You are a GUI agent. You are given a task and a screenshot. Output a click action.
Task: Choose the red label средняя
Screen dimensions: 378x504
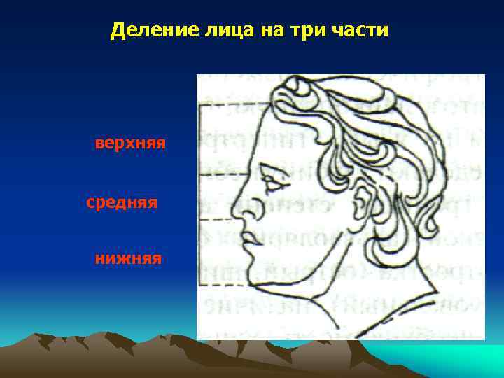pos(122,203)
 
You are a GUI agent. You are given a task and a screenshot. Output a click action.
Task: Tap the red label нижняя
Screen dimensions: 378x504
pos(129,260)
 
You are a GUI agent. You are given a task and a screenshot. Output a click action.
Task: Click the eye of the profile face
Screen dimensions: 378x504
pos(275,186)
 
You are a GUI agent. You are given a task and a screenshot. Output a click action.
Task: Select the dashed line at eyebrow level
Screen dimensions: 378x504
pos(224,174)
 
